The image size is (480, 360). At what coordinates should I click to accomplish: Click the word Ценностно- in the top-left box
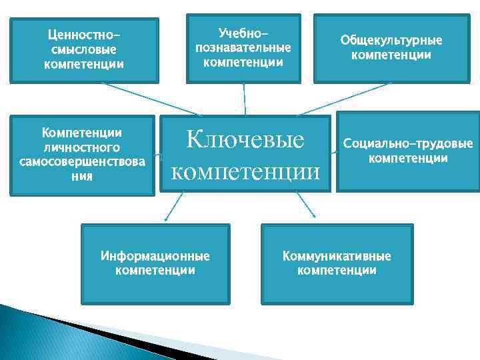[84, 35]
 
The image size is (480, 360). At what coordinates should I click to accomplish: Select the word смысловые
[84, 50]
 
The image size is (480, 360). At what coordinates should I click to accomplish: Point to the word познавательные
[243, 48]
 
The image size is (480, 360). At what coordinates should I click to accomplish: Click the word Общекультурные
[391, 40]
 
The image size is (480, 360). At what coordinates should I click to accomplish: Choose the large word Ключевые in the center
[245, 139]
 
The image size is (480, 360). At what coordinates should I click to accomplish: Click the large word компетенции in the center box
[245, 172]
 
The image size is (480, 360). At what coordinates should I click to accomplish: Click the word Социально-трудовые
[408, 143]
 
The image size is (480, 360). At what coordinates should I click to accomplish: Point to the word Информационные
[155, 256]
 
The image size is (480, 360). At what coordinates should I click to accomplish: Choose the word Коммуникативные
[337, 256]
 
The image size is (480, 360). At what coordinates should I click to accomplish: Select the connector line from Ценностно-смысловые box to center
[150, 99]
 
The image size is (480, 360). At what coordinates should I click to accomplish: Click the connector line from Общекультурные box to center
[343, 99]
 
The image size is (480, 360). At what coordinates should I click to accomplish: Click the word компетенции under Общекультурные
[391, 55]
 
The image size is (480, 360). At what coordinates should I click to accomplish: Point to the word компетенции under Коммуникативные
[337, 271]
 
